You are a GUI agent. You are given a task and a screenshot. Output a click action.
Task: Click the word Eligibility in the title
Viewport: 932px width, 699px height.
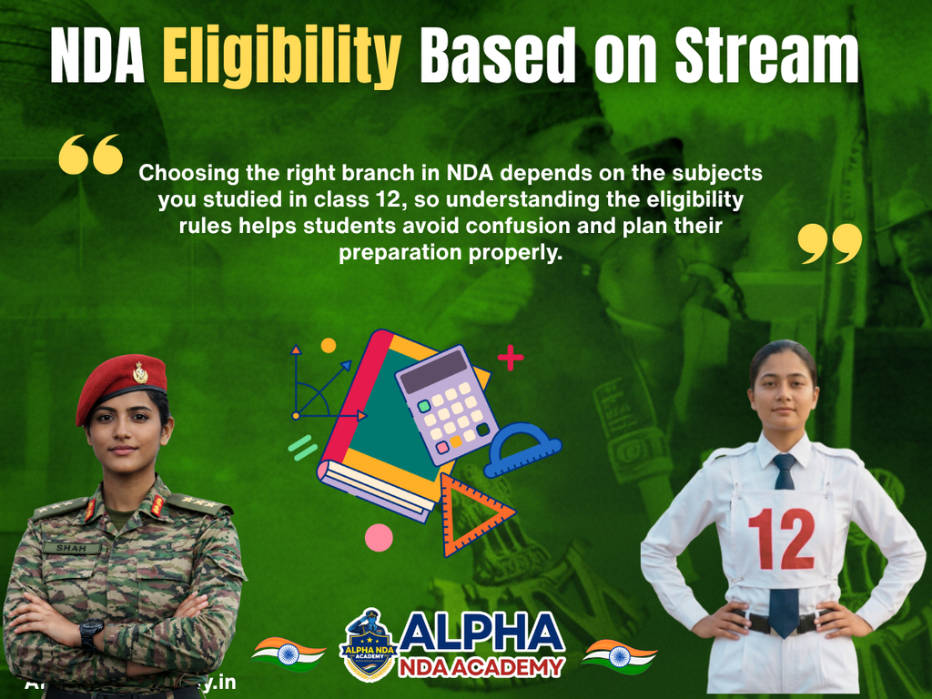coord(282,56)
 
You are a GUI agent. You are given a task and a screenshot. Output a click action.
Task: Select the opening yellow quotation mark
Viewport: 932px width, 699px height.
coord(90,155)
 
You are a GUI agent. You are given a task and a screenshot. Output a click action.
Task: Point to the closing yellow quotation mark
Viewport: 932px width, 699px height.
coord(829,244)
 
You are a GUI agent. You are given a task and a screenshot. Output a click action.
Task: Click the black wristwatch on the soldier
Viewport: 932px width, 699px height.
coord(91,633)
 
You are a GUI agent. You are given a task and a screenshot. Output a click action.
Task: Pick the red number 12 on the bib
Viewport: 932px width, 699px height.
coord(782,538)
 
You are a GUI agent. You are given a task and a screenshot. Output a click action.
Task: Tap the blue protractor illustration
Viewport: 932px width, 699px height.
coord(522,449)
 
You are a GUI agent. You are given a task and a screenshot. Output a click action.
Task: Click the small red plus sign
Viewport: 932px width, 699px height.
coord(511,357)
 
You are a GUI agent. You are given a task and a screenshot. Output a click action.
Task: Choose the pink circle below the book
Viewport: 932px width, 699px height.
coord(379,537)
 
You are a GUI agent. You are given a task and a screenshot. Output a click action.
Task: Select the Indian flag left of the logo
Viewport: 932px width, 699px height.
coord(289,653)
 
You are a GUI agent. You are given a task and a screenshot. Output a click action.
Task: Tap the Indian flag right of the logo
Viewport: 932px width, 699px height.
coord(619,654)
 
